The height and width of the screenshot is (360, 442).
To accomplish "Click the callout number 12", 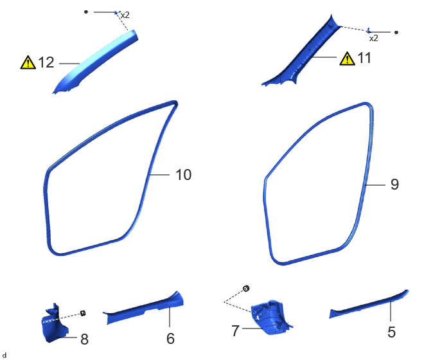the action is click(46, 62).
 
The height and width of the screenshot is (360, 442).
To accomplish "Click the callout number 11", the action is click(364, 58).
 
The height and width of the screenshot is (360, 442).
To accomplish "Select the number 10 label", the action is click(184, 175).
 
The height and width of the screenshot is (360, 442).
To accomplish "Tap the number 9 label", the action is click(394, 184).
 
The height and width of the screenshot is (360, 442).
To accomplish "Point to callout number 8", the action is click(85, 339).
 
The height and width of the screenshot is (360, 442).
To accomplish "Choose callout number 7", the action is click(235, 330).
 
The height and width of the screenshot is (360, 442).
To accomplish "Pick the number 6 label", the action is click(170, 339).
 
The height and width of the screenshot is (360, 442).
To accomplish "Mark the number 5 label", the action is click(391, 332).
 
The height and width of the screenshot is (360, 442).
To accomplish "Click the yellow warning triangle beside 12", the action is click(28, 62).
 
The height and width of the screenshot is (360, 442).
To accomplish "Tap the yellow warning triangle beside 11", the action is click(348, 59).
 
